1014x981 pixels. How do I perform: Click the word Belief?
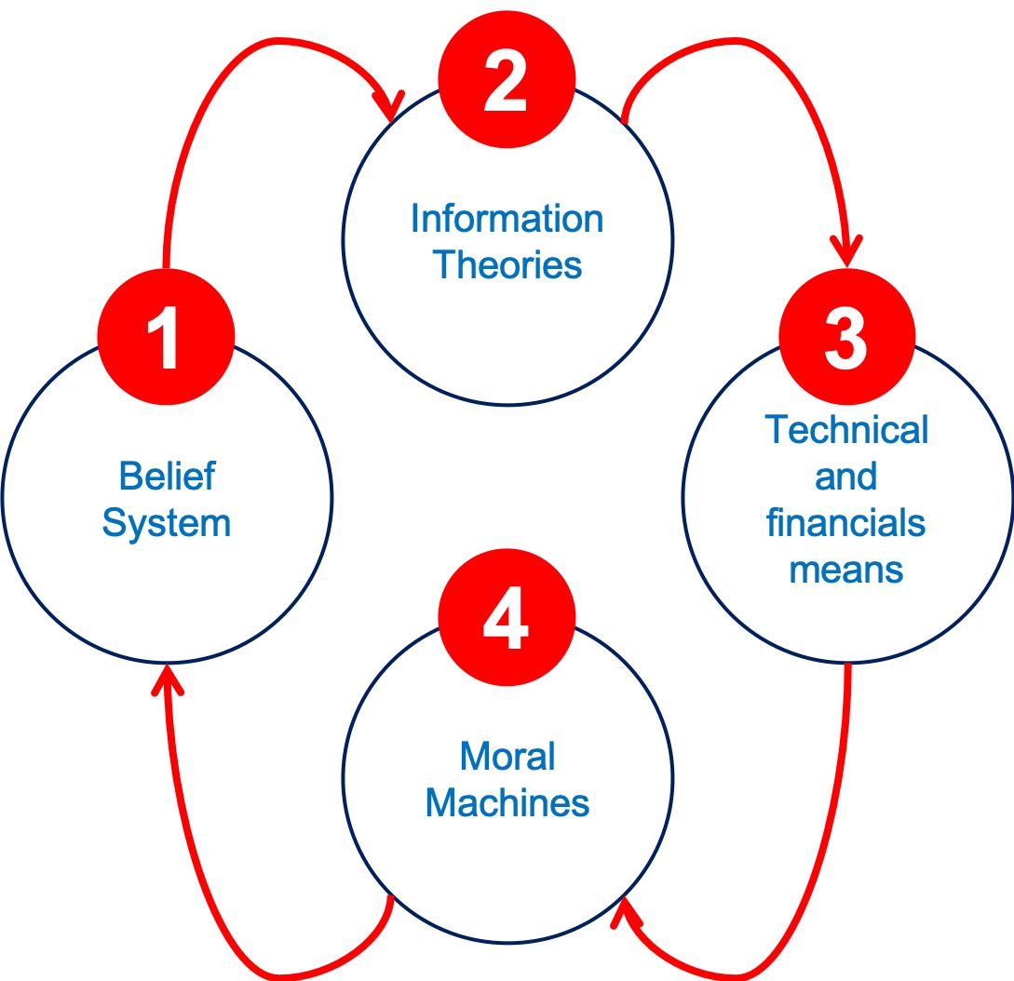click(x=167, y=477)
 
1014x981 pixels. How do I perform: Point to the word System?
click(x=167, y=523)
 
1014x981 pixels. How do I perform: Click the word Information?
click(x=507, y=220)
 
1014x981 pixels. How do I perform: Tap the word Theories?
click(x=507, y=265)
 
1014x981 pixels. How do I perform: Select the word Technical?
click(x=846, y=430)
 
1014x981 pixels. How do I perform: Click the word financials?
click(x=846, y=523)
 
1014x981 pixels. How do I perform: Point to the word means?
click(x=846, y=569)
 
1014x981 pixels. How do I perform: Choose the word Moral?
click(x=507, y=756)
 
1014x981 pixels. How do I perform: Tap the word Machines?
click(x=507, y=802)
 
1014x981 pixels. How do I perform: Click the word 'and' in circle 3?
click(x=846, y=477)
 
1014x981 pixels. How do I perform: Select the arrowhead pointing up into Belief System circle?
click(x=167, y=678)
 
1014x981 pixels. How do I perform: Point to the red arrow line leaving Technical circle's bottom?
click(x=843, y=791)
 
